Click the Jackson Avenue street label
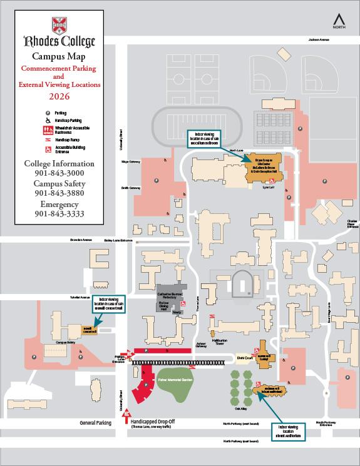[319, 39]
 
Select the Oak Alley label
[241, 410]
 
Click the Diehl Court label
[244, 358]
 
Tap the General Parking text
[95, 423]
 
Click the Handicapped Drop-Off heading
[153, 421]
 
